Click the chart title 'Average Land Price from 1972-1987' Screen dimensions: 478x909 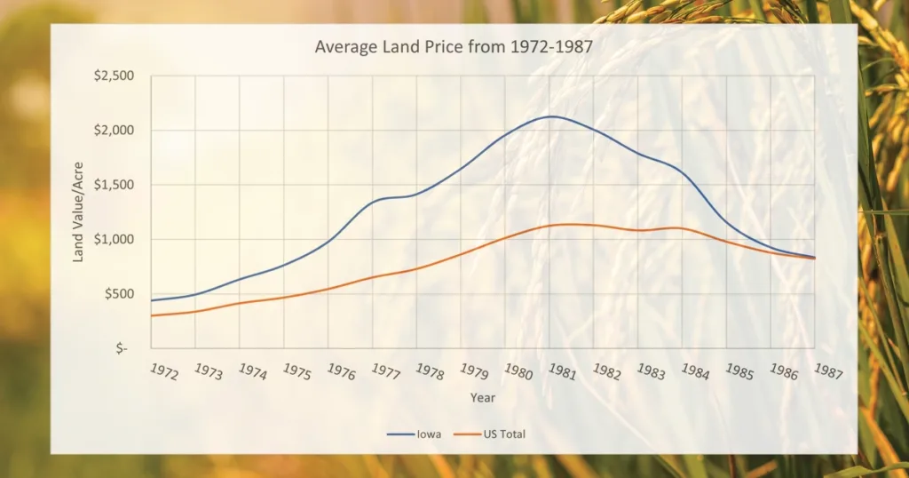pyautogui.click(x=453, y=46)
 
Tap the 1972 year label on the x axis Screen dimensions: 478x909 pyautogui.click(x=163, y=371)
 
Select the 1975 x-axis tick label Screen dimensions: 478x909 pyautogui.click(x=296, y=371)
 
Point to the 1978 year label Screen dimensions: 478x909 pyautogui.click(x=430, y=371)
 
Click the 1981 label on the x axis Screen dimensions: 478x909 pyautogui.click(x=563, y=371)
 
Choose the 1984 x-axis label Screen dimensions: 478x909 pyautogui.click(x=696, y=371)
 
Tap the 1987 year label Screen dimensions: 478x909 pyautogui.click(x=829, y=371)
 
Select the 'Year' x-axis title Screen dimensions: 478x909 pyautogui.click(x=483, y=397)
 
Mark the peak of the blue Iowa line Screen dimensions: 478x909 pyautogui.click(x=551, y=116)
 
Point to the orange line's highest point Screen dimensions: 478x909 pyautogui.click(x=566, y=224)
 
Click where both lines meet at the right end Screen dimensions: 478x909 pyautogui.click(x=813, y=258)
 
